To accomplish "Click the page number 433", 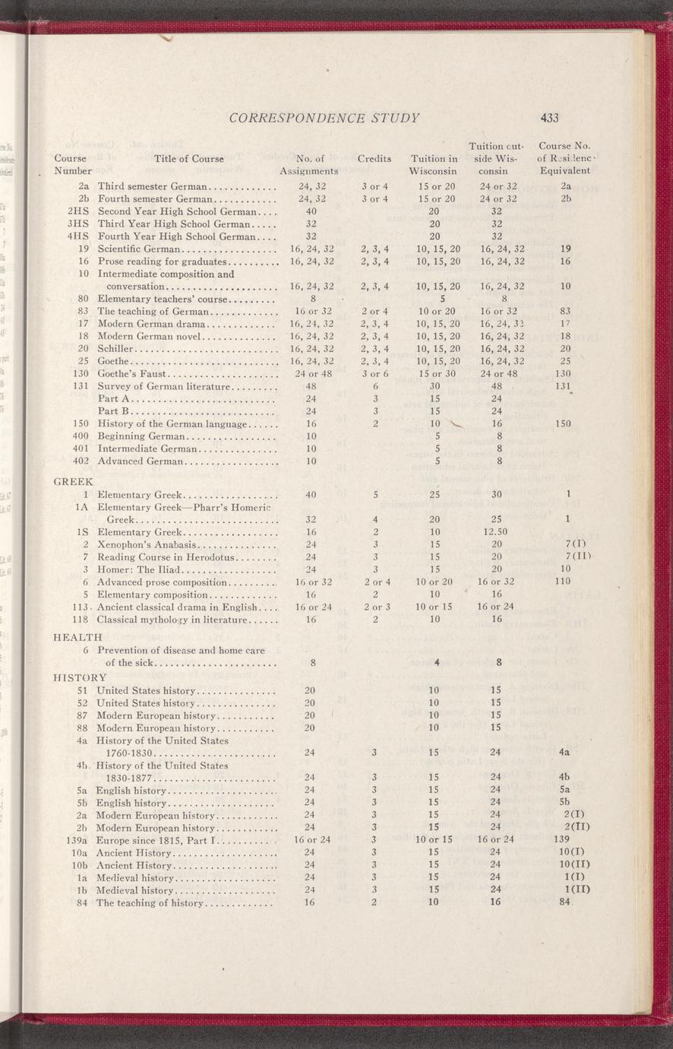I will (549, 118).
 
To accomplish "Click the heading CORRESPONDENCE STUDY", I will (324, 118).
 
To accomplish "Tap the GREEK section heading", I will (73, 481).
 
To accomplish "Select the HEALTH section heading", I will (77, 636).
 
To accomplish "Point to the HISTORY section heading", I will (79, 677).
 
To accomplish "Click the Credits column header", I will (374, 159).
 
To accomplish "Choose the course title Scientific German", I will (138, 248).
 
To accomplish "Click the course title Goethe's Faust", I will (131, 373).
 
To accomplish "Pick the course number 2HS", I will (80, 211).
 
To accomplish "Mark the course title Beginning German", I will (141, 436).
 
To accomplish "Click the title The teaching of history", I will (150, 902).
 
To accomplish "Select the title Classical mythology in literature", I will (172, 619).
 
